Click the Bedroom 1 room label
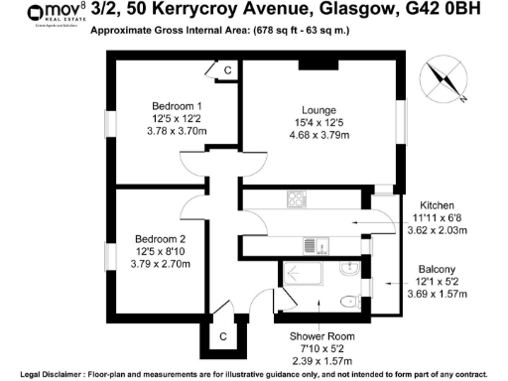pos(178,106)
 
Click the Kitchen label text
pos(438,205)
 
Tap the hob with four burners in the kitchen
pos(297,198)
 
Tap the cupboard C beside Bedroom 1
pos(226,69)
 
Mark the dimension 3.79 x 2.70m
pos(161,266)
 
